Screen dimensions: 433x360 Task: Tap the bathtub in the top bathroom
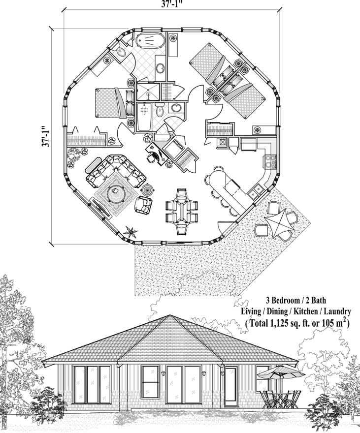point(150,41)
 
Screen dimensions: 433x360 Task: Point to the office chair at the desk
point(150,157)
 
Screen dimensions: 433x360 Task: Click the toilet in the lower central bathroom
point(159,112)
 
